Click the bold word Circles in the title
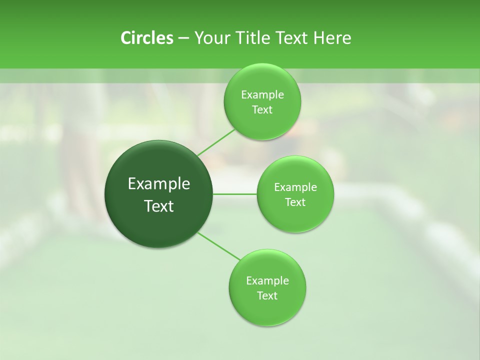click(146, 38)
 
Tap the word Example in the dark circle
click(159, 184)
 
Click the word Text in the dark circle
click(159, 206)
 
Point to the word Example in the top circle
click(262, 95)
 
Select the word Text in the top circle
click(262, 109)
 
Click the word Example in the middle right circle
click(295, 187)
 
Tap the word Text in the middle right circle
click(295, 202)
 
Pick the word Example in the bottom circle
click(267, 281)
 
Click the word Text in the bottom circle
click(267, 295)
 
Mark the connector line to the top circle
click(216, 142)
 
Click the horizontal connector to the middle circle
click(235, 194)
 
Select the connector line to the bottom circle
click(219, 246)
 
